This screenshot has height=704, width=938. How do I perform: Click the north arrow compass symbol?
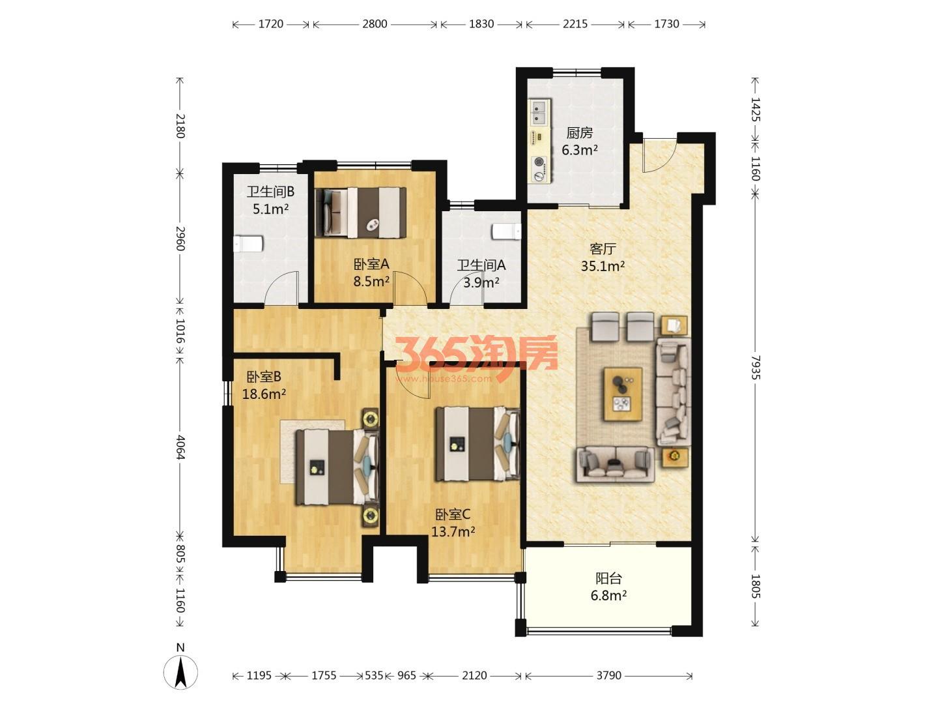pos(180,671)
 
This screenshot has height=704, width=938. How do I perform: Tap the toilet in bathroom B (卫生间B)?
pos(248,244)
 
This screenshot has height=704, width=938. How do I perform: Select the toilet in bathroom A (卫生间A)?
pos(507,232)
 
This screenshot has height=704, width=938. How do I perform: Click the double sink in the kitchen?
pos(539,112)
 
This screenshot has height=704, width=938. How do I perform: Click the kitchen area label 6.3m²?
pos(580,150)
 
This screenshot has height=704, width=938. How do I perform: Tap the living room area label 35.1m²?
pos(603,267)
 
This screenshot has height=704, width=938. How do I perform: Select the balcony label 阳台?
pos(608,578)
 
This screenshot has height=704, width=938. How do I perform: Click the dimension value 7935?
pos(755,367)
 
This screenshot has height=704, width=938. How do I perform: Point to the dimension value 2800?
pos(375,24)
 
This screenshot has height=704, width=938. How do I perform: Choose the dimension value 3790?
pos(609,675)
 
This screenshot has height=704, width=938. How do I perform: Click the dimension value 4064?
pos(180,447)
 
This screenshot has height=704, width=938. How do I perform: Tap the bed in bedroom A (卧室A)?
pos(360,212)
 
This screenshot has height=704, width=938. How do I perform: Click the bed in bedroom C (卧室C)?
pos(477,444)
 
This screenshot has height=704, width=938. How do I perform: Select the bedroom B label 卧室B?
pos(264,377)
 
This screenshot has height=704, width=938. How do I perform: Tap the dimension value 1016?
pos(180,331)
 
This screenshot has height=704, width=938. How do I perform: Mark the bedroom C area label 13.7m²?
pos(453,532)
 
